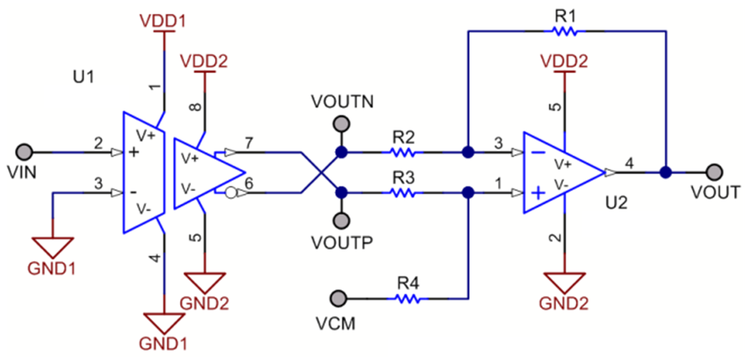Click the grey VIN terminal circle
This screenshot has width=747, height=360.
coord(24,151)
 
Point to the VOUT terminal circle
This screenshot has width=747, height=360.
coord(714,172)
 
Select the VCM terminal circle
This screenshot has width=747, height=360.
coord(339,298)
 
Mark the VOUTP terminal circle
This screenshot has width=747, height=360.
coord(341,220)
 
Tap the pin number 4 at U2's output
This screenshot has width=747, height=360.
coord(629,164)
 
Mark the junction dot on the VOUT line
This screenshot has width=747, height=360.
coord(665,172)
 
